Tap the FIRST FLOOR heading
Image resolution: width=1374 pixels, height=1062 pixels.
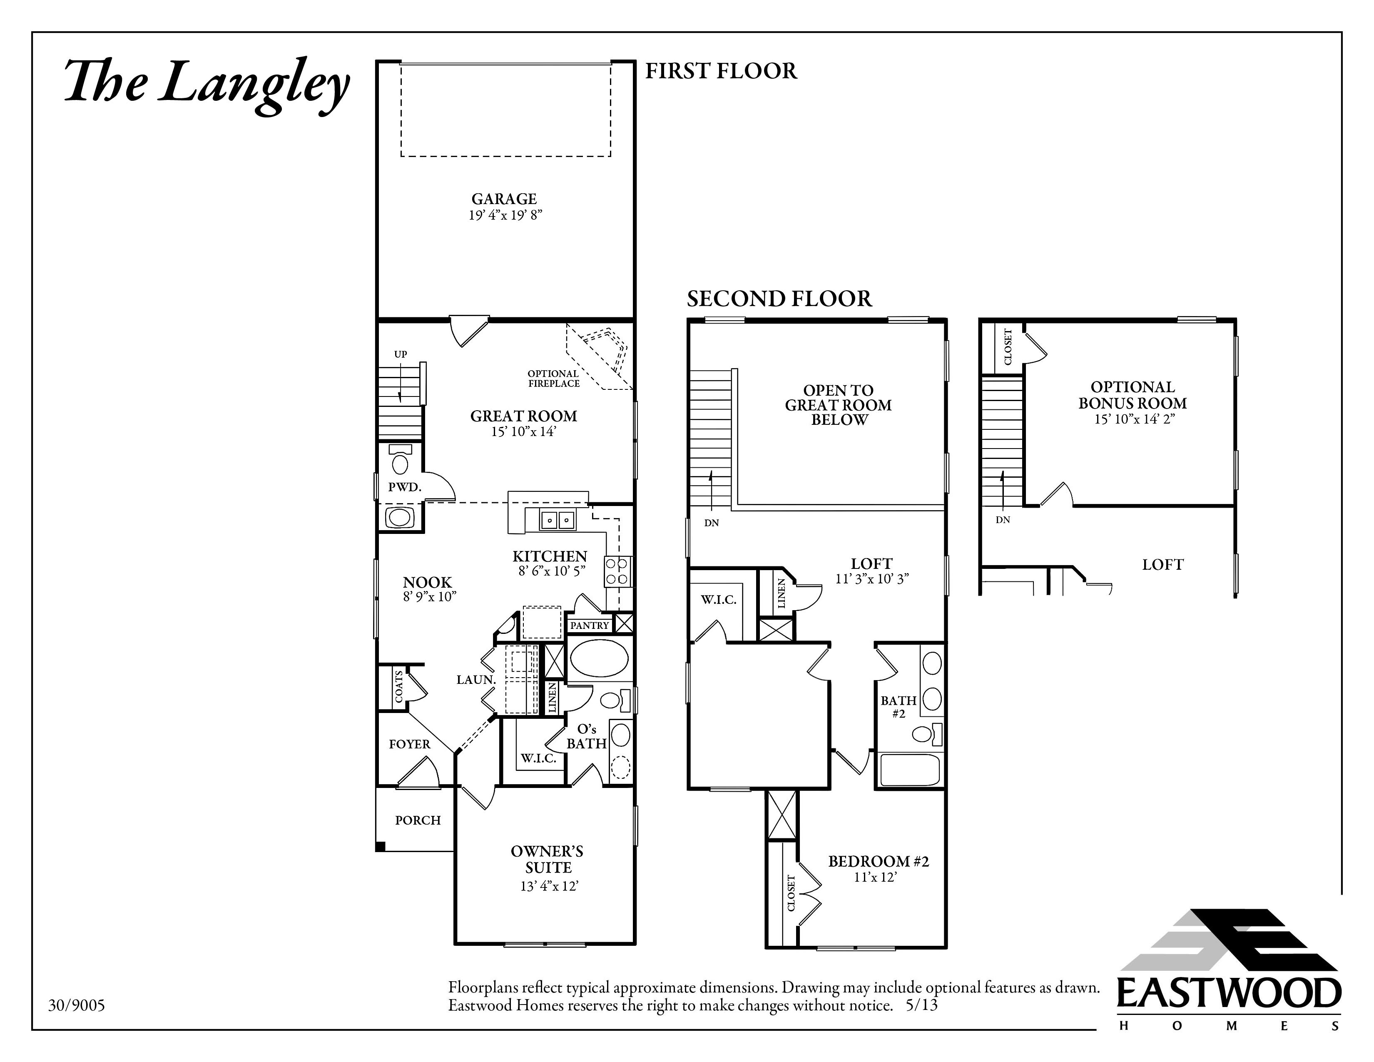pyautogui.click(x=721, y=71)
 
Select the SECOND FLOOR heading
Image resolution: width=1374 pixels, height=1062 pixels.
pyautogui.click(x=779, y=299)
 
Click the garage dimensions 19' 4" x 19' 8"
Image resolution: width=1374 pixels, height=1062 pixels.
pyautogui.click(x=505, y=215)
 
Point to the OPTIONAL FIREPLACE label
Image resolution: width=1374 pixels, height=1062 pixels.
pyautogui.click(x=554, y=378)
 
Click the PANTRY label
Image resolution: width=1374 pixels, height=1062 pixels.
pyautogui.click(x=590, y=626)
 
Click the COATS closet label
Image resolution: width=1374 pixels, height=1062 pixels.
pyautogui.click(x=399, y=687)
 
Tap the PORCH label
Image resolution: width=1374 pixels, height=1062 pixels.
pyautogui.click(x=418, y=820)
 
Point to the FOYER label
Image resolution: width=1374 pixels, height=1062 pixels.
pyautogui.click(x=410, y=744)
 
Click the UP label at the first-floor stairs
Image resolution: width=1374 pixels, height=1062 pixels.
pyautogui.click(x=401, y=354)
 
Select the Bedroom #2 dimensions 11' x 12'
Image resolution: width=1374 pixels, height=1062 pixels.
pyautogui.click(x=875, y=877)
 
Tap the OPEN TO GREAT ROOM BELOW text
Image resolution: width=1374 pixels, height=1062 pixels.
pyautogui.click(x=839, y=405)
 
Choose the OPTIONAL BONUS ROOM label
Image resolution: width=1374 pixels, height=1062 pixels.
pyautogui.click(x=1133, y=395)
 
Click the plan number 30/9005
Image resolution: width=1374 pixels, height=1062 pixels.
pyautogui.click(x=77, y=1005)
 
